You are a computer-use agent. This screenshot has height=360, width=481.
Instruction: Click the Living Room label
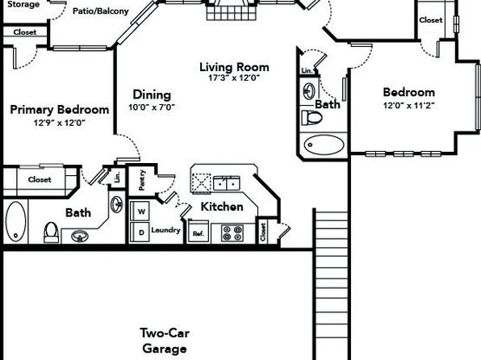(x=234, y=67)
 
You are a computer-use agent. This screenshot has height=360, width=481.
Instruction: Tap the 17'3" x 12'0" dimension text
(x=234, y=78)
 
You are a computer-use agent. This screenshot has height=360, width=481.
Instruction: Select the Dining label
(x=152, y=94)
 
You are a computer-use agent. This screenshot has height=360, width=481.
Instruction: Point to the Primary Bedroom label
(x=60, y=110)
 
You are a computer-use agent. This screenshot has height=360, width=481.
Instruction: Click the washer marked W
(x=140, y=211)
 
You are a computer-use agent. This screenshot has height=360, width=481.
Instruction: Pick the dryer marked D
(x=140, y=232)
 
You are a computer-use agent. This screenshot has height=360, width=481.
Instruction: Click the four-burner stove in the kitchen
(x=232, y=233)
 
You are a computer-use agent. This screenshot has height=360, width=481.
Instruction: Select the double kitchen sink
(x=227, y=183)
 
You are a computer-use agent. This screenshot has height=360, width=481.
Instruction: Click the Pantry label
(x=142, y=180)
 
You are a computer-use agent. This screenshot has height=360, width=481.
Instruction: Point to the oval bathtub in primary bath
(x=15, y=221)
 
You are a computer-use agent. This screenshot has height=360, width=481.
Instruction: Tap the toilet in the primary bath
(x=51, y=232)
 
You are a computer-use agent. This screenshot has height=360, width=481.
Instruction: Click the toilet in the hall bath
(x=312, y=118)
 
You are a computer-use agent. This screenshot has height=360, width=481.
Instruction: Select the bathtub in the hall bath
(x=324, y=144)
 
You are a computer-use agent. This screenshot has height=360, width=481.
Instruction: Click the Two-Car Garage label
(x=165, y=341)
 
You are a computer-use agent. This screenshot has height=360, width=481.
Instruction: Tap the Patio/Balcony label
(x=101, y=11)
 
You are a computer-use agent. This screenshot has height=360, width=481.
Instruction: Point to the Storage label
(x=23, y=4)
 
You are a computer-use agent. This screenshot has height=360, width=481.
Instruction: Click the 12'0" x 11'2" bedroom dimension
(x=409, y=106)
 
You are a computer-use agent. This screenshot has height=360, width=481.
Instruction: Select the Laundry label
(x=165, y=230)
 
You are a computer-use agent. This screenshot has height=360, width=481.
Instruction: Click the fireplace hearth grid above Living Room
(x=232, y=13)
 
